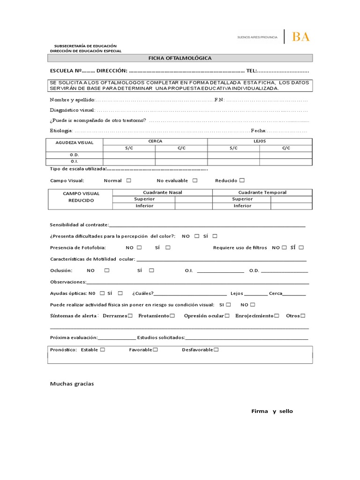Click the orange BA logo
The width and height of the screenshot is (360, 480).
[300, 37]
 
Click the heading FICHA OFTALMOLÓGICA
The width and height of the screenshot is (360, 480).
[180, 58]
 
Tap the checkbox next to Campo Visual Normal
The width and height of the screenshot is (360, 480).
[128, 180]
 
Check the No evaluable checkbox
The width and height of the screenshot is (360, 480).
[195, 180]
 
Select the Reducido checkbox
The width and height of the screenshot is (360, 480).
[242, 180]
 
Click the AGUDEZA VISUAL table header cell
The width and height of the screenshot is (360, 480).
[75, 142]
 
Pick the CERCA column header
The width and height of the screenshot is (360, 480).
[155, 141]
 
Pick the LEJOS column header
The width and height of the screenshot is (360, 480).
[260, 141]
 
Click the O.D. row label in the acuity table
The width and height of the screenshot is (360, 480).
[75, 155]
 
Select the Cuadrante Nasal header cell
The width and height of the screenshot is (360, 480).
[163, 192]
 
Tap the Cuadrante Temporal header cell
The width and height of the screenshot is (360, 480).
[262, 192]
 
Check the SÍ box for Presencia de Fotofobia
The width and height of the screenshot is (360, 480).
[168, 247]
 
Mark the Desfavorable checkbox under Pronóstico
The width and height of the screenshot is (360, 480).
[216, 350]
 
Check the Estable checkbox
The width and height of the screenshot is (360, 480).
[102, 350]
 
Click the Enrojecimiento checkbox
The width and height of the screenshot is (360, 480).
[277, 316]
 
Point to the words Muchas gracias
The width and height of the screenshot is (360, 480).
[72, 384]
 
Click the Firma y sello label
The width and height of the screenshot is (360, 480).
[272, 411]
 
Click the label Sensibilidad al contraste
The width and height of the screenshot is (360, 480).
[79, 225]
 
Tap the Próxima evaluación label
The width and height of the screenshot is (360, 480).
[74, 337]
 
